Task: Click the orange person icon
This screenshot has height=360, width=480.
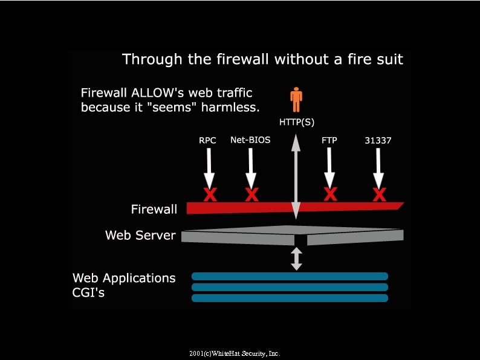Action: [296, 100]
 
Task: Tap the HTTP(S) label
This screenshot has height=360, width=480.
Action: [296, 121]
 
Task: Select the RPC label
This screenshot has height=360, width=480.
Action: [207, 141]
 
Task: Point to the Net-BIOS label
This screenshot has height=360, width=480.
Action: [250, 140]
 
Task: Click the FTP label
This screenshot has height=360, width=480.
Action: [329, 141]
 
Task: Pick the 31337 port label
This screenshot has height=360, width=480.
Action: [378, 141]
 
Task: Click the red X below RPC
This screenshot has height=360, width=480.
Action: [209, 194]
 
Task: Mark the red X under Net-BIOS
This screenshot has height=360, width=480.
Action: [251, 194]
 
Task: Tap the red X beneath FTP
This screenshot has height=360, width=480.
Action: [330, 194]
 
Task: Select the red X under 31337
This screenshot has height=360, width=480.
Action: [379, 194]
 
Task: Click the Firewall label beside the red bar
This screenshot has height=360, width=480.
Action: [154, 209]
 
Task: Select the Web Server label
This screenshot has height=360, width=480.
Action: [140, 235]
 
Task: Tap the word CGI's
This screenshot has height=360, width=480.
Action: [92, 293]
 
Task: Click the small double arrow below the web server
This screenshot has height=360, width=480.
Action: [296, 259]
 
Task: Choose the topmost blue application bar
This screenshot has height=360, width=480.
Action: [290, 276]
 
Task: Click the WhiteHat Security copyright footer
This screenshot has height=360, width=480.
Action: [235, 353]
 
